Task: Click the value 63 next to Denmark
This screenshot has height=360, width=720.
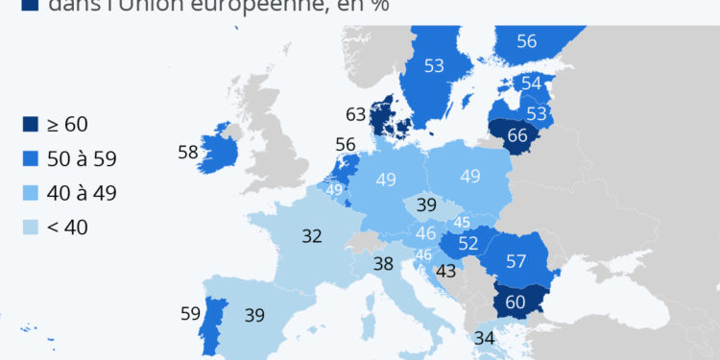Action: (356, 115)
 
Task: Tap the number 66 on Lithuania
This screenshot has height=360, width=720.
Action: (517, 135)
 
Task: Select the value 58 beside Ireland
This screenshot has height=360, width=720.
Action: (188, 151)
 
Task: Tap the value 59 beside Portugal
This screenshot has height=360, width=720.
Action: (191, 312)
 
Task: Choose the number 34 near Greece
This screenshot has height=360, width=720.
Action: (484, 337)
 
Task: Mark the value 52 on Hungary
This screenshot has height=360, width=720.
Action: (468, 244)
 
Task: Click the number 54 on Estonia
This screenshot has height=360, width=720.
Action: (531, 84)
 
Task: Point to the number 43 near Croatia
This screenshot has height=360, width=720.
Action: (445, 272)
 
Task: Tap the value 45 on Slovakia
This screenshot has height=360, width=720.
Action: (461, 223)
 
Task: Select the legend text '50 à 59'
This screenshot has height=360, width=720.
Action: (82, 158)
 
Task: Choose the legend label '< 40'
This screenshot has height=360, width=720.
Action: (67, 228)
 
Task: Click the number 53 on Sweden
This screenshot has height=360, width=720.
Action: (434, 65)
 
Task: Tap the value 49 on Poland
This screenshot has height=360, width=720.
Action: (470, 177)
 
